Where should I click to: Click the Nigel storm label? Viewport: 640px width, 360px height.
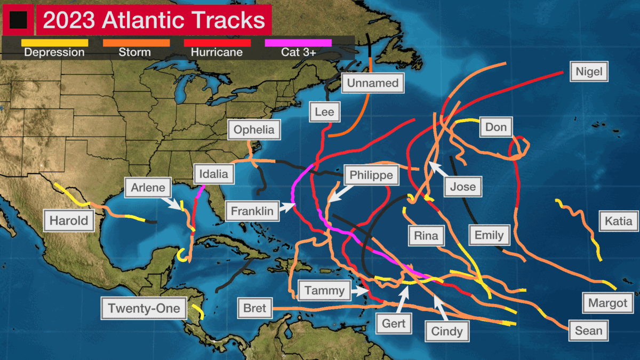[589, 71]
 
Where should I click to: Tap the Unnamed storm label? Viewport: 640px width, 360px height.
[373, 83]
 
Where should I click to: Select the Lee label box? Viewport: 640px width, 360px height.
[324, 112]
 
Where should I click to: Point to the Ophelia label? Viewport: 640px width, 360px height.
[254, 130]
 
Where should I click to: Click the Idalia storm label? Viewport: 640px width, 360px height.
[213, 174]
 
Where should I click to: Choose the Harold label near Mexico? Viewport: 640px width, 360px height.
[69, 221]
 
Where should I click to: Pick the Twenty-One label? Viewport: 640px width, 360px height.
[144, 308]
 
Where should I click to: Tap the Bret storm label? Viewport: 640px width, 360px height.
[254, 308]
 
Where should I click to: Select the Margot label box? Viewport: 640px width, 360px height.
[608, 303]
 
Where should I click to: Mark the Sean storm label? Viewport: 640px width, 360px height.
[588, 331]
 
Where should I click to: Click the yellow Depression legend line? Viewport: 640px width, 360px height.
[54, 42]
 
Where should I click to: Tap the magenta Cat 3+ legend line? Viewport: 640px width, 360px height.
[298, 42]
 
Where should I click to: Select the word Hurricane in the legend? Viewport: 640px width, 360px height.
[217, 52]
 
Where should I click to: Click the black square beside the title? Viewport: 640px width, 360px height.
[18, 20]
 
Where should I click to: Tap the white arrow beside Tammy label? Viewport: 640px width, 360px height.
[362, 291]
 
